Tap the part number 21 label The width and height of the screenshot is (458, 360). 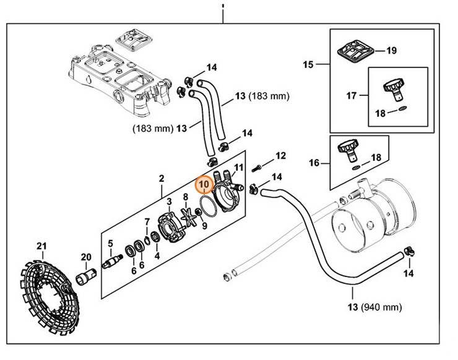(41, 247)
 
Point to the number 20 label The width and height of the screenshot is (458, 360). (85, 257)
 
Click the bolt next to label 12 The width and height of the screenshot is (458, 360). (259, 167)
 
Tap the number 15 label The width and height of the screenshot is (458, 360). (308, 64)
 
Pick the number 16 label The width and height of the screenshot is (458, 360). (314, 163)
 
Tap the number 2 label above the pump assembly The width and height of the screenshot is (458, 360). (162, 179)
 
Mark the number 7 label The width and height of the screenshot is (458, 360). (147, 222)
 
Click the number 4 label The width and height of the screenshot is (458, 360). (157, 255)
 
